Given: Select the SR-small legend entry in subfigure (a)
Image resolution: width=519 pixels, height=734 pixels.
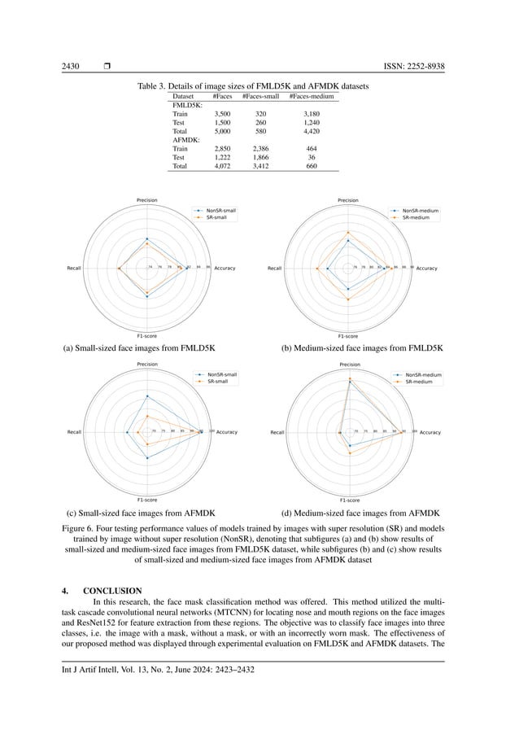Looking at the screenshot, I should (216, 217).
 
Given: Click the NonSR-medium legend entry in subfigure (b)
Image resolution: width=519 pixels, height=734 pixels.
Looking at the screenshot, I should (421, 211).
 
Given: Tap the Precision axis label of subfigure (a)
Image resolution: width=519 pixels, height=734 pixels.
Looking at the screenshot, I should (146, 200).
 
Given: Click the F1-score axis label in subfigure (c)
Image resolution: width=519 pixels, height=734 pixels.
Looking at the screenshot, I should (146, 499).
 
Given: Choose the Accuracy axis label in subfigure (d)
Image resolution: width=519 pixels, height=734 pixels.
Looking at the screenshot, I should (429, 433).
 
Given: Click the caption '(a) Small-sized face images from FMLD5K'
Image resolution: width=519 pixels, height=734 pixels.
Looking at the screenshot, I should (138, 347).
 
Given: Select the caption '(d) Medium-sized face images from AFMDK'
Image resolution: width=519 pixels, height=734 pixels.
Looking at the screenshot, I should (360, 513).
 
